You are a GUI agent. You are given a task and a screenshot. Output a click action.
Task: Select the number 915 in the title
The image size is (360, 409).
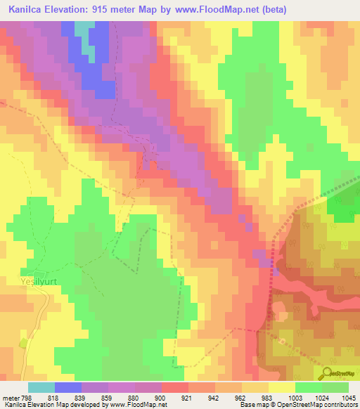pyautogui.click(x=116, y=9)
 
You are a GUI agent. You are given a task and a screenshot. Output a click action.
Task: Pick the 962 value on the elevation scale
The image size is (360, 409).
pyautogui.click(x=240, y=398)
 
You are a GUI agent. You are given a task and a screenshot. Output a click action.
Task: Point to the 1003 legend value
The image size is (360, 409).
pyautogui.click(x=295, y=398)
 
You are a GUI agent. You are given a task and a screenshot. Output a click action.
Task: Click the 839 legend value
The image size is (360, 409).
pyautogui.click(x=82, y=398)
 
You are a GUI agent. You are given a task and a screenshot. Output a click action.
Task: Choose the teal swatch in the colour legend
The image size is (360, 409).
pyautogui.click(x=41, y=387)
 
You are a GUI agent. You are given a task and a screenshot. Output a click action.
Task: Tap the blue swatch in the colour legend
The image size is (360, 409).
pyautogui.click(x=68, y=387)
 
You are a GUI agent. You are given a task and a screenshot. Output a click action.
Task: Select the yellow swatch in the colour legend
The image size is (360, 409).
pyautogui.click(x=282, y=387)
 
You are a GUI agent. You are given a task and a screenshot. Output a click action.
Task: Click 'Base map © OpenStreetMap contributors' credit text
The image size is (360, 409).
pyautogui.click(x=298, y=405)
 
